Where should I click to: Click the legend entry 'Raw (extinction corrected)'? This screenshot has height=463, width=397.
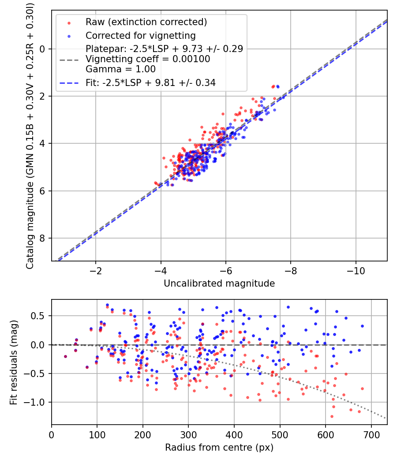[146, 22]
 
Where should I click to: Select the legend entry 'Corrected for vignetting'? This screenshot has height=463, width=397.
[140, 35]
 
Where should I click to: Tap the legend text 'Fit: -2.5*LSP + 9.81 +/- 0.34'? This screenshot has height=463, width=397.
[150, 83]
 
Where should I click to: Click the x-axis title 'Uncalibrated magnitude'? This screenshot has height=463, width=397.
[219, 284]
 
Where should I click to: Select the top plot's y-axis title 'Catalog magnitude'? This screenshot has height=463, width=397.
[30, 135]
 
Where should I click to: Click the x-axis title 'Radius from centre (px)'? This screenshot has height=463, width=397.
[219, 448]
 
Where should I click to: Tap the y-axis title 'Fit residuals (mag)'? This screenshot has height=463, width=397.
[14, 362]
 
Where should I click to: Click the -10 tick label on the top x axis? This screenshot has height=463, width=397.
[355, 270]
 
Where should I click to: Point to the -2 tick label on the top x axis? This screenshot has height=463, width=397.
[95, 270]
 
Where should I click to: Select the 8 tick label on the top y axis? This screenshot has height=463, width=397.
[43, 238]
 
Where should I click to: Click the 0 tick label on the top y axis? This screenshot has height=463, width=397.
[43, 49]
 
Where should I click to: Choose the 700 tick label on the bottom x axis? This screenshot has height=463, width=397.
[371, 434]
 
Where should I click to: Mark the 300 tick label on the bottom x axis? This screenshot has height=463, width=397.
[188, 434]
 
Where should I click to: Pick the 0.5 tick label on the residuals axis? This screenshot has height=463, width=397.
[40, 316]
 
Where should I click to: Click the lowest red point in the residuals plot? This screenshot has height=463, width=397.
[332, 416]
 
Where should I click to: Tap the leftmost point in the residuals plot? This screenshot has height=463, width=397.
[65, 356]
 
